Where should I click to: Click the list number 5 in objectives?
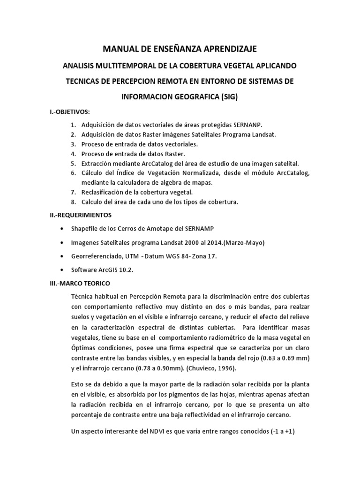(73, 163)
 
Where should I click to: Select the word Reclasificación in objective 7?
(106, 192)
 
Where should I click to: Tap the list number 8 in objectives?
(73, 202)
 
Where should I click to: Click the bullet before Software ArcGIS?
(63, 270)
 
